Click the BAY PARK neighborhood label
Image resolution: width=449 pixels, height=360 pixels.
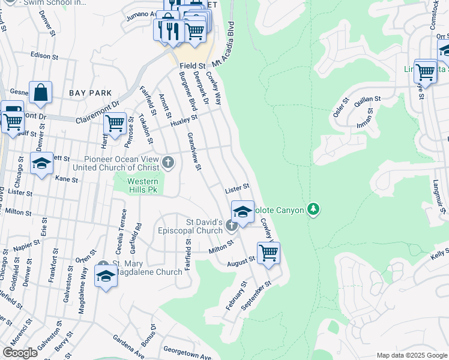90,93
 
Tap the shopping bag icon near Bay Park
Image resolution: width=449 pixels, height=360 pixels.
40,94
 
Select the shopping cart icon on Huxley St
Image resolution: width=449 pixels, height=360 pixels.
115,124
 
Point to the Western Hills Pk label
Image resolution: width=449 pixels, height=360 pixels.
143,185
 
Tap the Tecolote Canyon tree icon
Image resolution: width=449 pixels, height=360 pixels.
312,209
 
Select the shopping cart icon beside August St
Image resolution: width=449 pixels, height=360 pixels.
268,253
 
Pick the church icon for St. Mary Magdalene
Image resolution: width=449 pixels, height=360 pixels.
104,265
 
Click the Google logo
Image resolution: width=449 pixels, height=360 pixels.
20,352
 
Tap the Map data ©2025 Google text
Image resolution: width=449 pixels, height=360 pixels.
411,355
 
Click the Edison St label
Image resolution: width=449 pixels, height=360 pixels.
44,56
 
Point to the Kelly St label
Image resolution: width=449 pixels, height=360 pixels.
439,256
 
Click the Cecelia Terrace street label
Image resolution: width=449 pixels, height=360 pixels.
124,229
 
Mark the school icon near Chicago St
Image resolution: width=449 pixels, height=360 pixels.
41,164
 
